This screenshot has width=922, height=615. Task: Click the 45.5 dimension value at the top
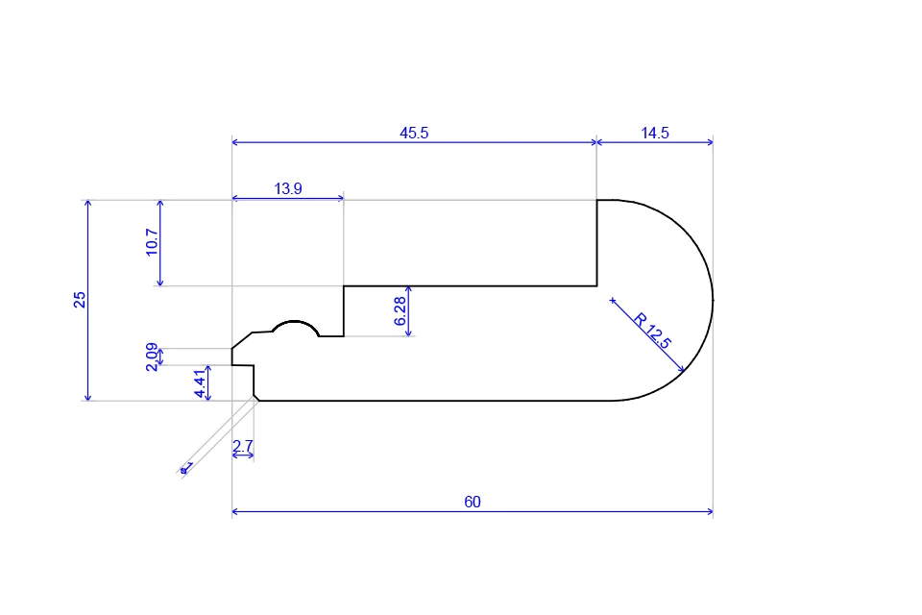(x=414, y=134)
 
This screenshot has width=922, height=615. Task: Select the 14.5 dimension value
(x=655, y=134)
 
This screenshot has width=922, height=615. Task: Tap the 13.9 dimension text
(x=288, y=189)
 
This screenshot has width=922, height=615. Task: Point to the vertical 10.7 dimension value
(x=152, y=243)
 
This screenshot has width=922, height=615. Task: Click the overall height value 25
(x=80, y=300)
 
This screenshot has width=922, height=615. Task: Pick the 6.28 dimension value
(x=400, y=310)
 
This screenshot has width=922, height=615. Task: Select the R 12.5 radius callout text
(x=653, y=330)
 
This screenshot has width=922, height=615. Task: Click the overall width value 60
(x=473, y=503)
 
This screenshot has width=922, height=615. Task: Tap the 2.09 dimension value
(x=152, y=357)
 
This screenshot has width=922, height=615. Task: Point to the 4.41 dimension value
(x=200, y=383)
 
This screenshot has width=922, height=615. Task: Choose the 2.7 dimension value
(x=243, y=446)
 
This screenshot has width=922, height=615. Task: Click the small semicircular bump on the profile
(x=295, y=327)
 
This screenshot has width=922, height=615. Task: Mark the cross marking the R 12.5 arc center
(x=613, y=301)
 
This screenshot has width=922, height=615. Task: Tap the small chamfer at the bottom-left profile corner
(x=256, y=397)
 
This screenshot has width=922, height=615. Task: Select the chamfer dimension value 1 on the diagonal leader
(x=187, y=467)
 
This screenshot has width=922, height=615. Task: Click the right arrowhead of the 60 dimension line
(x=710, y=512)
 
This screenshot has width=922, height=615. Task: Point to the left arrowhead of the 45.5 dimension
(x=235, y=142)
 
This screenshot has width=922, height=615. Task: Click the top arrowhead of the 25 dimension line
(x=87, y=204)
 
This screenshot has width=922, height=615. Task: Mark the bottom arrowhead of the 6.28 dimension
(x=409, y=332)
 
